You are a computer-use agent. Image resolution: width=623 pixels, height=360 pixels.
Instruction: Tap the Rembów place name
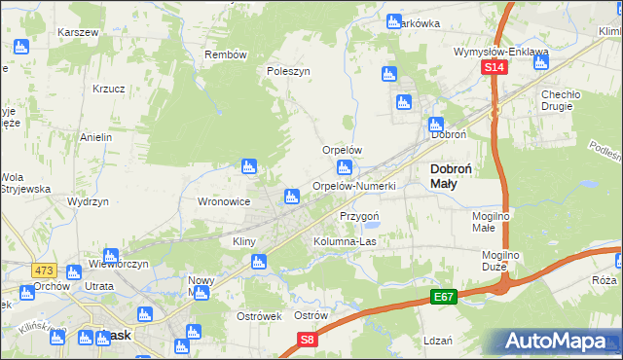tap(226, 54)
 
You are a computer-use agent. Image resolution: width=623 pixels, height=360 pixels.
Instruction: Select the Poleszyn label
tap(288, 71)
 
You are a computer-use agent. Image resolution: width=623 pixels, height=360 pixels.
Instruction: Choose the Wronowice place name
tap(225, 201)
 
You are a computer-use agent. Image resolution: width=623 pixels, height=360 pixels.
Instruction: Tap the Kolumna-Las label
tap(345, 240)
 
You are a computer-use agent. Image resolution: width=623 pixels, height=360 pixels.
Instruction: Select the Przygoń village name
tap(358, 215)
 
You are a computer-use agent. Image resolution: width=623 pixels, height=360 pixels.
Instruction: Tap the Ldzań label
tap(439, 342)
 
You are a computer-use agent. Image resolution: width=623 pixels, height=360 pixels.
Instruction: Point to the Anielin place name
tap(97, 137)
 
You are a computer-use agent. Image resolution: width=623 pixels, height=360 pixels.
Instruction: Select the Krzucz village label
tap(108, 88)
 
